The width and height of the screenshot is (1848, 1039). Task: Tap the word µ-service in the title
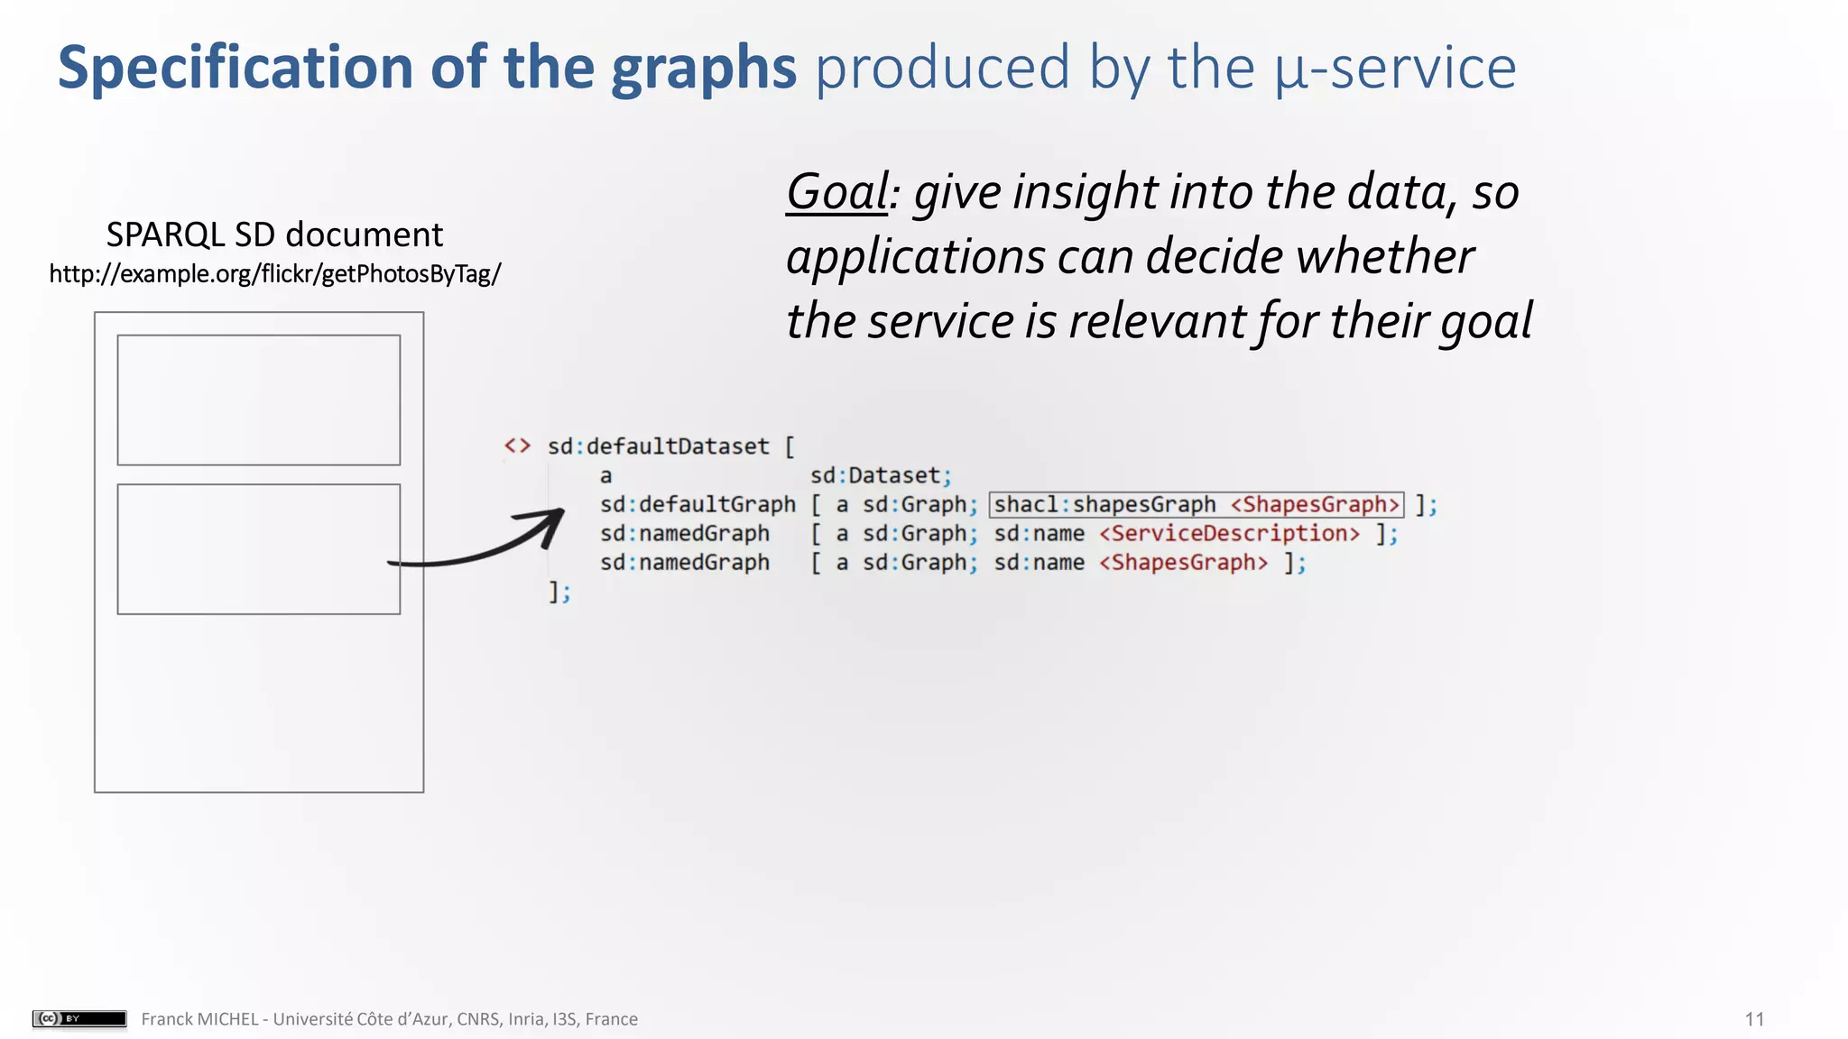tap(1395, 69)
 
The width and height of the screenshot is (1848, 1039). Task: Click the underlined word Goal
tap(837, 192)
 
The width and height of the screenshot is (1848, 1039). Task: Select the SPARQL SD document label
tap(274, 234)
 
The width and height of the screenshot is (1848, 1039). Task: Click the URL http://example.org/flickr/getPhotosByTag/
tap(274, 273)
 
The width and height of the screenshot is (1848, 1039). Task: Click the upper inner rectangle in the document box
tap(258, 400)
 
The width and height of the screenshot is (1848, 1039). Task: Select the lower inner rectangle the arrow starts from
tap(258, 548)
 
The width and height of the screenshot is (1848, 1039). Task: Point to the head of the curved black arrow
tap(552, 519)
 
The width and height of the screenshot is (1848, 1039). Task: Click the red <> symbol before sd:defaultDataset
tap(517, 446)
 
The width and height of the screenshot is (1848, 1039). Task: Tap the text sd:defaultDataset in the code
tap(658, 446)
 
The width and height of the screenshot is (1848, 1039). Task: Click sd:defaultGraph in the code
tap(698, 504)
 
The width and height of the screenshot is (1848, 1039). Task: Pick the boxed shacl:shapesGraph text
tap(1105, 504)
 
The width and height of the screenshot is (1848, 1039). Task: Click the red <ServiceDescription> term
tap(1229, 533)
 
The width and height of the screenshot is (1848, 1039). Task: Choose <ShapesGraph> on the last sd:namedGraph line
tap(1183, 563)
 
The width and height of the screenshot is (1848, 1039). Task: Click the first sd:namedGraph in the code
tap(685, 533)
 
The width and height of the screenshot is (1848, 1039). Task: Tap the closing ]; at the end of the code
tap(559, 592)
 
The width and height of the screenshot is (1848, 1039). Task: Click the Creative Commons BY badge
tap(79, 1018)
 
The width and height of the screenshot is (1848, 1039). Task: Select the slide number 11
tap(1754, 1019)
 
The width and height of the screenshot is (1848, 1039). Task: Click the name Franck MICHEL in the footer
tap(199, 1019)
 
